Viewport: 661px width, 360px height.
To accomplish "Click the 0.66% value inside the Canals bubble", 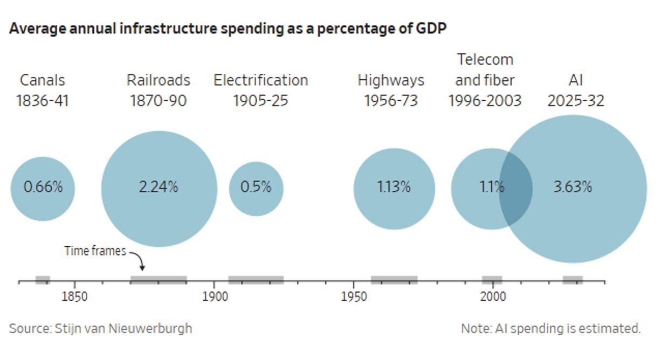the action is pos(43,187).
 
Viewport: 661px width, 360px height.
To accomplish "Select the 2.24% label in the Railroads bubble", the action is pos(159,187).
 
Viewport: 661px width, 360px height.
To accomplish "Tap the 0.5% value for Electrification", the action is pos(256,187).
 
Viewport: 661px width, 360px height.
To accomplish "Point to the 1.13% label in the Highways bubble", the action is pos(394,187).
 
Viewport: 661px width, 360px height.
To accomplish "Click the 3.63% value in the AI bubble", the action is pos(573,187).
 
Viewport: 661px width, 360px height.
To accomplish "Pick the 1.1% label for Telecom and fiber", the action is pos(492,187).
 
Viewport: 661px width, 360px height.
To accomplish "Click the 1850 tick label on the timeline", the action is pos(74,296).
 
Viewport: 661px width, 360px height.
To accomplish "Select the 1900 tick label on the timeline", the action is pos(215,296).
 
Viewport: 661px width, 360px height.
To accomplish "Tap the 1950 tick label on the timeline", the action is pos(354,296).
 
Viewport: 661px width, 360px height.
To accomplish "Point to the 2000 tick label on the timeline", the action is pos(493,296).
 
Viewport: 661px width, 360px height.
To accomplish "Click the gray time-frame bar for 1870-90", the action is pos(159,280).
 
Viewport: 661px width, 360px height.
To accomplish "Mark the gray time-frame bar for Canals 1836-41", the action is pos(43,280).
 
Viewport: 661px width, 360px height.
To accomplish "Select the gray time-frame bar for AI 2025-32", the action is pos(573,280).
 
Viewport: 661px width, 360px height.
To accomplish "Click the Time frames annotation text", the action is pos(95,251).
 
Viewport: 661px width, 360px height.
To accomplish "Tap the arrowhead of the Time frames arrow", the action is pos(142,268).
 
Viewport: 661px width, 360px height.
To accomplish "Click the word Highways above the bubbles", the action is pos(391,80).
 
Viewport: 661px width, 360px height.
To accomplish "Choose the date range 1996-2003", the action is pos(485,101).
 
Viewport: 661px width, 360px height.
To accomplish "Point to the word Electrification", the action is pos(261,80).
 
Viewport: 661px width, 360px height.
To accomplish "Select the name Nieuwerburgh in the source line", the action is pos(150,329).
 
